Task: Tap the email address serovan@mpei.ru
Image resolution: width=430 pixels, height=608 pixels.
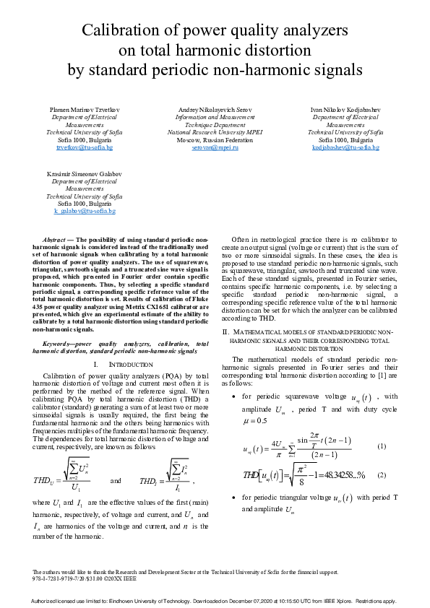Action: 215,147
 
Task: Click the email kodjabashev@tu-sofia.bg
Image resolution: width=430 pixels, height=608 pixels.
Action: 345,147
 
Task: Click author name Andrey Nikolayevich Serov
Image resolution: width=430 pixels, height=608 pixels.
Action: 215,109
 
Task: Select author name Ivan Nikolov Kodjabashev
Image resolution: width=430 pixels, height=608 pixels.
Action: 345,109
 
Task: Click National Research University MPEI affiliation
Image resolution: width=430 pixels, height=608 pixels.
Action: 215,133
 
